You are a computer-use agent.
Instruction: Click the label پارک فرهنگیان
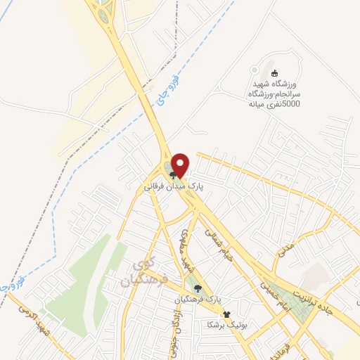coord(198,300)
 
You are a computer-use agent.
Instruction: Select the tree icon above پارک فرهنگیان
coord(198,288)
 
